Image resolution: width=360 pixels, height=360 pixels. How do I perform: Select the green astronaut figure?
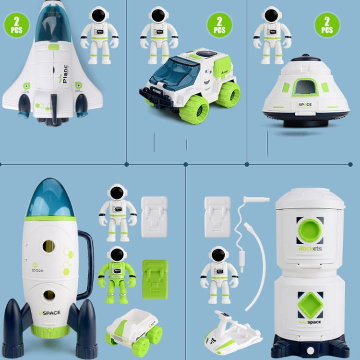[116, 274]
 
